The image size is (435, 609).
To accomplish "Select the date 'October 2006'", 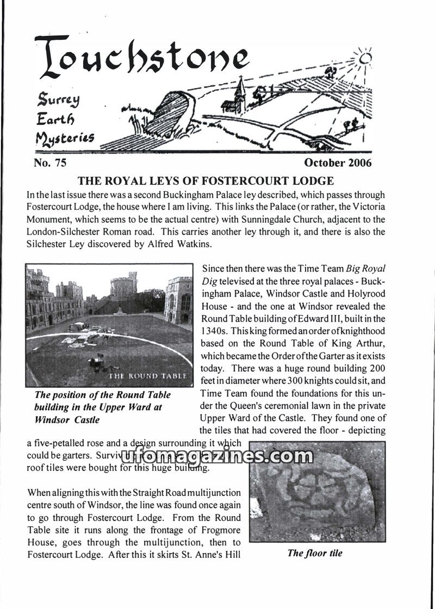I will pos(338,162).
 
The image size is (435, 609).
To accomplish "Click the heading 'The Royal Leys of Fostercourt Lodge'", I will pos(206,180).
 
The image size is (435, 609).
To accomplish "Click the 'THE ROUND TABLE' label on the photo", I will pos(148,375).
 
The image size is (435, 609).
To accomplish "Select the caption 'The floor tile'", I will pos(315,553).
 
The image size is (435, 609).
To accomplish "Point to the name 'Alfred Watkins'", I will pos(181,244).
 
